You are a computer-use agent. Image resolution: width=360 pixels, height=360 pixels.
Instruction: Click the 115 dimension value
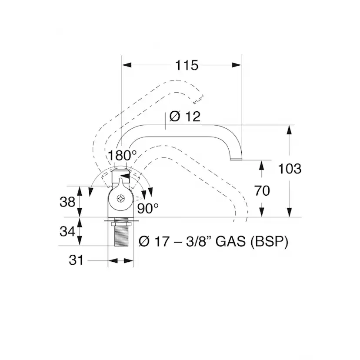pyautogui.click(x=187, y=65)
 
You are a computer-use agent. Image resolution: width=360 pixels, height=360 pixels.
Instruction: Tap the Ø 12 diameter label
pyautogui.click(x=185, y=117)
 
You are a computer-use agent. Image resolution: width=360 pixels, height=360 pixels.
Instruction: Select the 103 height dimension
pyautogui.click(x=290, y=169)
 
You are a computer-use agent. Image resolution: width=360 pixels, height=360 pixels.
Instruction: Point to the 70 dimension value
pyautogui.click(x=262, y=191)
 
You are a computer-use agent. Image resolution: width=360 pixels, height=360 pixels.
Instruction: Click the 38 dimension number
pyautogui.click(x=67, y=202)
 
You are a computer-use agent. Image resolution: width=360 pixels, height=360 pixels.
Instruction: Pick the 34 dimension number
pyautogui.click(x=67, y=231)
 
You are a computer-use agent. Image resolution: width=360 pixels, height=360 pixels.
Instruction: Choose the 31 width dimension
pyautogui.click(x=76, y=260)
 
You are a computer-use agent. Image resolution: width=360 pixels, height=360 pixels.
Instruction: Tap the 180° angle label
pyautogui.click(x=122, y=155)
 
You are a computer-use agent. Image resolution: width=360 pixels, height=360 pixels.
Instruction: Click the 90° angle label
pyautogui.click(x=148, y=208)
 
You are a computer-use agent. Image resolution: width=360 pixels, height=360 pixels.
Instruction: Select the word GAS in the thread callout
pyautogui.click(x=231, y=242)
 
